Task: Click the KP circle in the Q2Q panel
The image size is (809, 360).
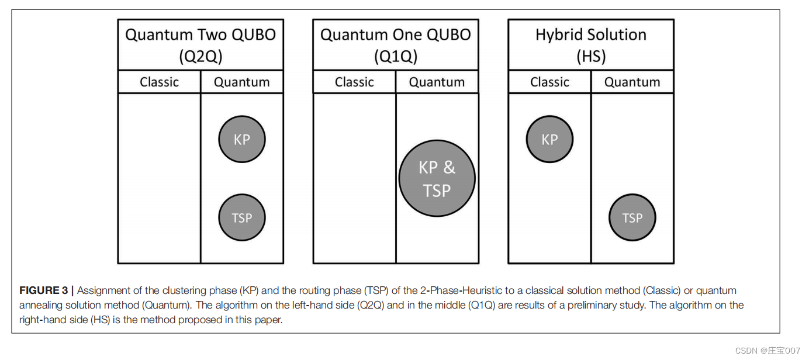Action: click(x=242, y=140)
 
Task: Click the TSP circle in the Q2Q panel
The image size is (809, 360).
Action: click(x=242, y=218)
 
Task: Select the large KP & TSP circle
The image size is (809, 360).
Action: click(x=437, y=178)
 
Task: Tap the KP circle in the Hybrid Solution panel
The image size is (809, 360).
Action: click(x=549, y=140)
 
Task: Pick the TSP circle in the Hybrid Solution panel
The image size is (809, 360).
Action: click(x=632, y=218)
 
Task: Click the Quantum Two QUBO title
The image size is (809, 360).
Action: click(x=200, y=35)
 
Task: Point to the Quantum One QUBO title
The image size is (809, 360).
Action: click(x=396, y=35)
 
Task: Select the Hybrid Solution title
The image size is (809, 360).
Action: click(x=591, y=35)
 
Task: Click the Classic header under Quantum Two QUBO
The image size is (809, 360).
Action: click(x=159, y=82)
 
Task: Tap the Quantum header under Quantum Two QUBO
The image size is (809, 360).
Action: click(x=242, y=82)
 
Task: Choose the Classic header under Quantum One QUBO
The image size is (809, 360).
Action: click(x=354, y=82)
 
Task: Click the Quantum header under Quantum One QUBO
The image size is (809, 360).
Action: click(x=437, y=82)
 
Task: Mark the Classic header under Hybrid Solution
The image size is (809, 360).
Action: click(x=549, y=82)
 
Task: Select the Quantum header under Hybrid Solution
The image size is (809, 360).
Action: click(x=632, y=82)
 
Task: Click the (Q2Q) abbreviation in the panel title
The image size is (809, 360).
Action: click(x=200, y=57)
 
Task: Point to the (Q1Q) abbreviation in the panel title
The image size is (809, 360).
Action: click(x=396, y=57)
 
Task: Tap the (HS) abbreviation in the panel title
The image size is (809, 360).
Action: click(x=591, y=57)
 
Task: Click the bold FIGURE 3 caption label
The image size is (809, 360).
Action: click(x=44, y=290)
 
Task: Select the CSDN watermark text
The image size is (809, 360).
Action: click(x=767, y=351)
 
